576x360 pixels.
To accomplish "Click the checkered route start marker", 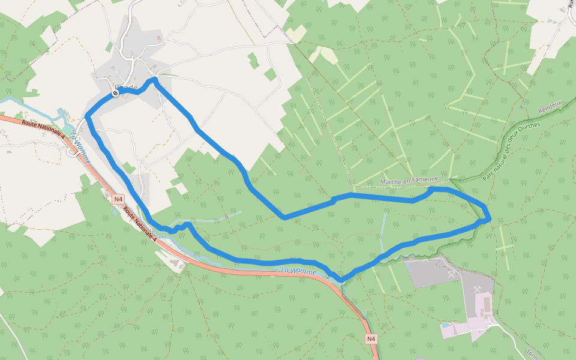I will (x=115, y=93).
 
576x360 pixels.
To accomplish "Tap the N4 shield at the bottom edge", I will (x=371, y=339).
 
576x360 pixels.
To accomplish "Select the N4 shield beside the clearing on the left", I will (x=118, y=199).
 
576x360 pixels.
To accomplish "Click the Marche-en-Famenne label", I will (x=414, y=181).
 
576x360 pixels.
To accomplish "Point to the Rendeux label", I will (x=550, y=108).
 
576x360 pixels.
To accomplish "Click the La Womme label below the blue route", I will (x=298, y=272).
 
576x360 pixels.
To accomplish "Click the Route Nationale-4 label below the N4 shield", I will (x=140, y=223).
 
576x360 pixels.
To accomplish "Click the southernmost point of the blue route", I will (x=341, y=280).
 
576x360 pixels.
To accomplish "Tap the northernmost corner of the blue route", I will (x=154, y=79).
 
